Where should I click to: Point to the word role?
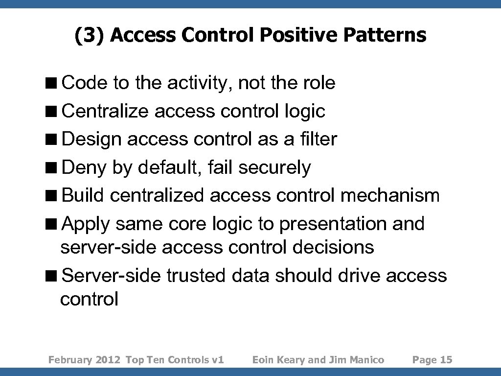(x=319, y=83)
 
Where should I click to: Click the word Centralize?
(x=106, y=111)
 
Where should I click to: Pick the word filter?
(x=319, y=139)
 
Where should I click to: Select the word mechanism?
(x=390, y=195)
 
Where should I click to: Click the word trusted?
(x=196, y=275)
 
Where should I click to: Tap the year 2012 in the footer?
(x=108, y=360)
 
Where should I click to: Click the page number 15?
(x=446, y=360)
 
